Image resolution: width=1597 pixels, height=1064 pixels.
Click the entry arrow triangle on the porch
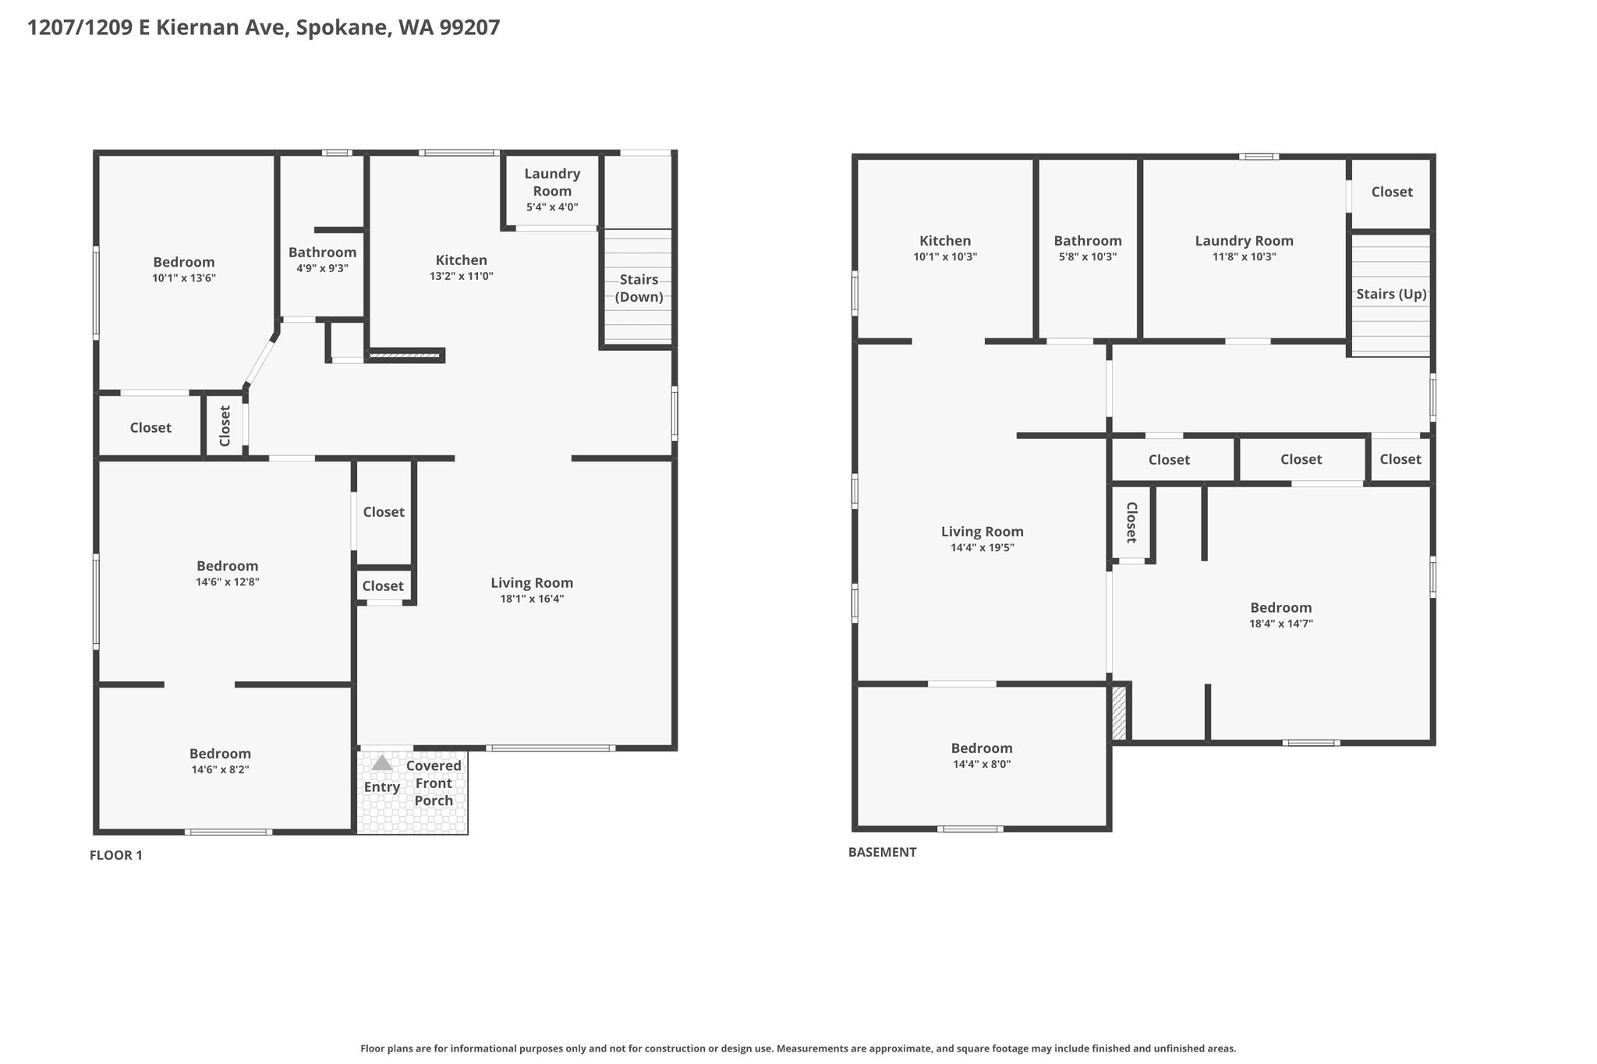[382, 763]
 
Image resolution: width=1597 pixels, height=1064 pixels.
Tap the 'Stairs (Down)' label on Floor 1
[639, 288]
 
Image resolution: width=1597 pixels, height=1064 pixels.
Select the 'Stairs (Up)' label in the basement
[1391, 294]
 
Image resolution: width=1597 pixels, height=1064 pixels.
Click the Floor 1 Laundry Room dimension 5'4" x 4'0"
[552, 207]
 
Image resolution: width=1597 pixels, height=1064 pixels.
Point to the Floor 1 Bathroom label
[322, 253]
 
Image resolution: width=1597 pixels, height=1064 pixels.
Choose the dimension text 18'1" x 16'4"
[532, 599]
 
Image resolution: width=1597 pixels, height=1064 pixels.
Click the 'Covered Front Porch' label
[434, 783]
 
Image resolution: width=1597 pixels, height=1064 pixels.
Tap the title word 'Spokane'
[343, 28]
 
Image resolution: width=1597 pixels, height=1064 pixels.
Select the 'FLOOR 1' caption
[116, 855]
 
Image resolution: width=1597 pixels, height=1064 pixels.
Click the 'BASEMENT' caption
[882, 852]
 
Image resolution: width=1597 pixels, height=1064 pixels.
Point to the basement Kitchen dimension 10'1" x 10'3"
[945, 256]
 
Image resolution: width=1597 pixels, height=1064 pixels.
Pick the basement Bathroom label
[1088, 241]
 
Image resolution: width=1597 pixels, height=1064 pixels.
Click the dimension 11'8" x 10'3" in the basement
[1244, 256]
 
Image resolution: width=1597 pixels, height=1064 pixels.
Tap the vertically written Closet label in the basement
[1131, 522]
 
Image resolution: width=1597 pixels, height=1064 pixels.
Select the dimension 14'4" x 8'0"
[982, 764]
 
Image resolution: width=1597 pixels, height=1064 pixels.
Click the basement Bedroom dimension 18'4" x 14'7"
[1281, 624]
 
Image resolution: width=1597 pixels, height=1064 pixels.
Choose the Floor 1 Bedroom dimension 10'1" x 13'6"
[184, 277]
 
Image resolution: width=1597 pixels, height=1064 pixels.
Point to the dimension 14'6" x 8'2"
[220, 769]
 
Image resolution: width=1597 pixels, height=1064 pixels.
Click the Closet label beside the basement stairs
[1392, 192]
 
